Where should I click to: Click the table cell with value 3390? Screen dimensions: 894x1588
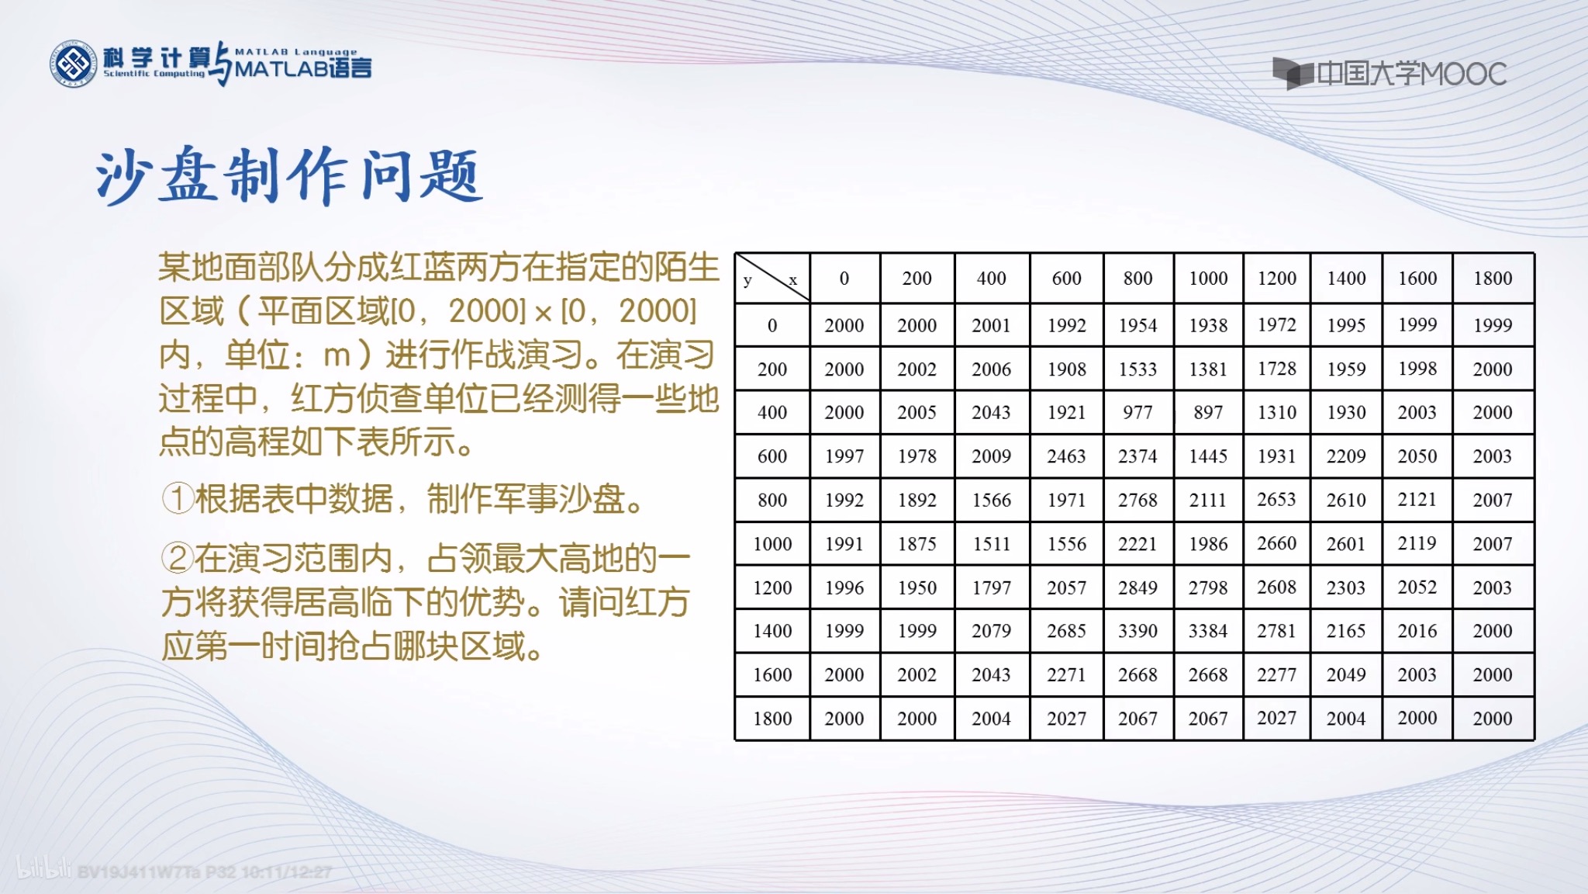click(1137, 631)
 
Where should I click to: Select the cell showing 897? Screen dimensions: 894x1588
click(1208, 412)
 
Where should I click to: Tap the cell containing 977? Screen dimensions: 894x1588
click(1137, 412)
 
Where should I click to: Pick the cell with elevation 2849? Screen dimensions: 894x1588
click(1137, 587)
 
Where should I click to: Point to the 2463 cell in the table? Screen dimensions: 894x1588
click(1066, 456)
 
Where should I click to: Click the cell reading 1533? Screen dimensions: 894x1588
click(1137, 369)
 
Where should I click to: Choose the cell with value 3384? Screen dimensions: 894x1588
click(1208, 631)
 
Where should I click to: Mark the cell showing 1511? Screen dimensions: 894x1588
click(992, 543)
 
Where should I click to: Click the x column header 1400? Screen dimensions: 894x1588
click(1346, 278)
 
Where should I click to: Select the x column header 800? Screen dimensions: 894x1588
click(1137, 278)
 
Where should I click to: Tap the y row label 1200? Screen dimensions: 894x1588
click(772, 587)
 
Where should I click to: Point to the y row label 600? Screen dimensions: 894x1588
click(772, 456)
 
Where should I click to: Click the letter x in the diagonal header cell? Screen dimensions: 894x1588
click(792, 280)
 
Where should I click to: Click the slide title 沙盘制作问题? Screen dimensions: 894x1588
click(288, 175)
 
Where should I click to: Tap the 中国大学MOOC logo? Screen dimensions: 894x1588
click(1389, 74)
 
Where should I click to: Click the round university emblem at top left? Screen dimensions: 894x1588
click(74, 64)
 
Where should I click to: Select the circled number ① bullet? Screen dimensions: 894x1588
click(177, 498)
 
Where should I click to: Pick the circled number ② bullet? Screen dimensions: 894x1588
click(177, 557)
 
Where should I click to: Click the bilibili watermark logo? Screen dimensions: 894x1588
click(43, 868)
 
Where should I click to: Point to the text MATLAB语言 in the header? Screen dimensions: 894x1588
click(303, 68)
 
